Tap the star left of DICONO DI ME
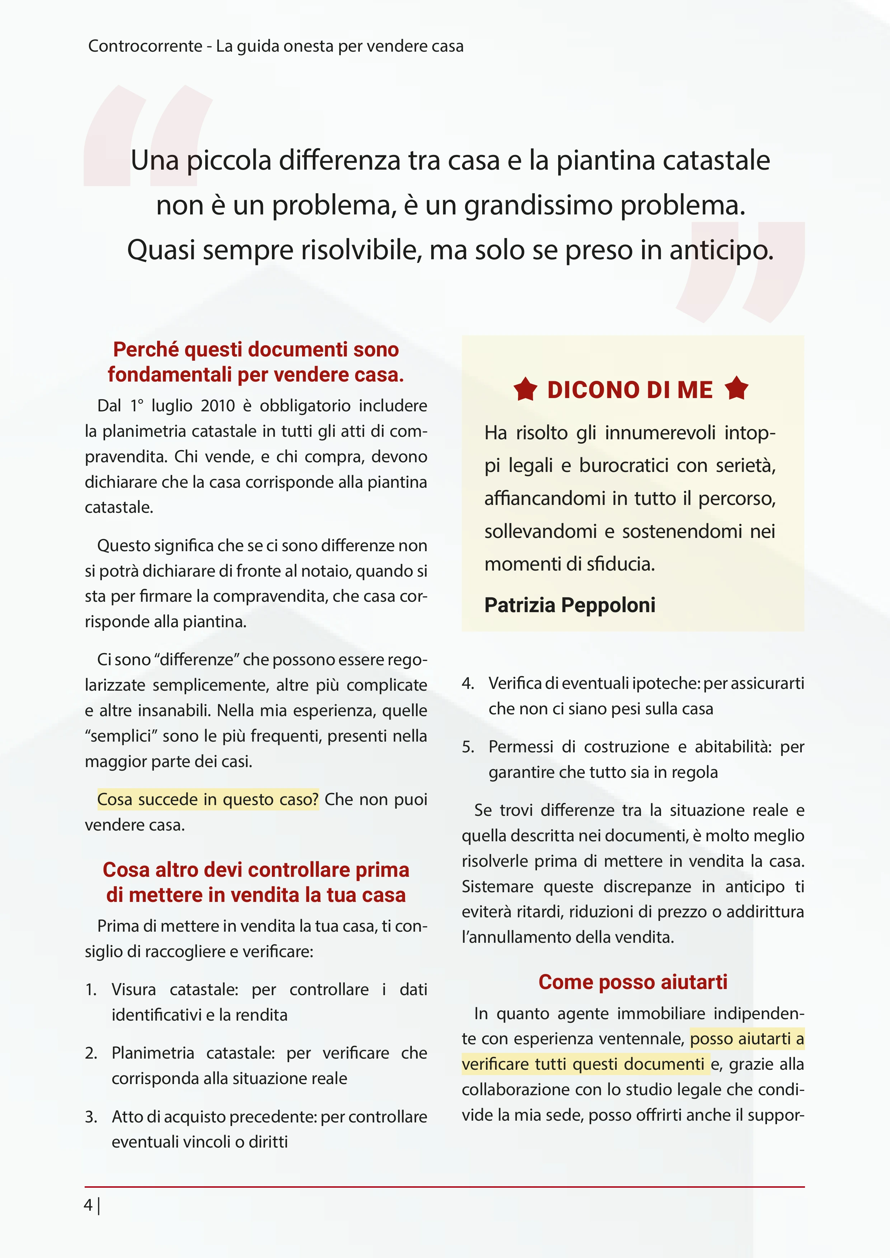tap(526, 389)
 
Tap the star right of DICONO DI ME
tap(736, 388)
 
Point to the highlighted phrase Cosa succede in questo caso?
tap(208, 799)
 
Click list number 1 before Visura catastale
tap(91, 989)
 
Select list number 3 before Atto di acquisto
tap(91, 1117)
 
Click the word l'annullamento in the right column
tap(505, 937)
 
